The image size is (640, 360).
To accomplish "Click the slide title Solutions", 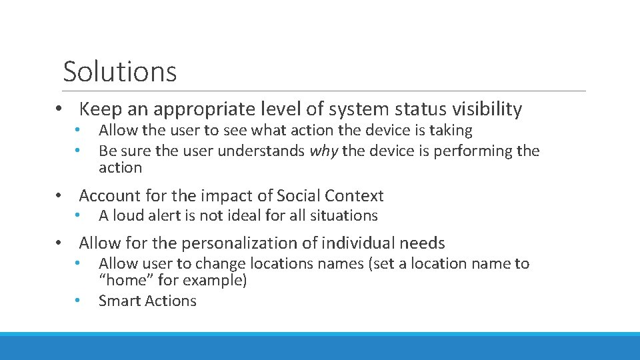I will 120,71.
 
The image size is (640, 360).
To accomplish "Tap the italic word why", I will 323,151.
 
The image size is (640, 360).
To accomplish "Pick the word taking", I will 451,131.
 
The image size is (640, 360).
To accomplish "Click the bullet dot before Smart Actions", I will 78,301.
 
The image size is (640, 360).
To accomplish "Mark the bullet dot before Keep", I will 59,109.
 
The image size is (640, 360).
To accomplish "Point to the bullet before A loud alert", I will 78,215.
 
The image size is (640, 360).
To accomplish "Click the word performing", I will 473,151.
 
